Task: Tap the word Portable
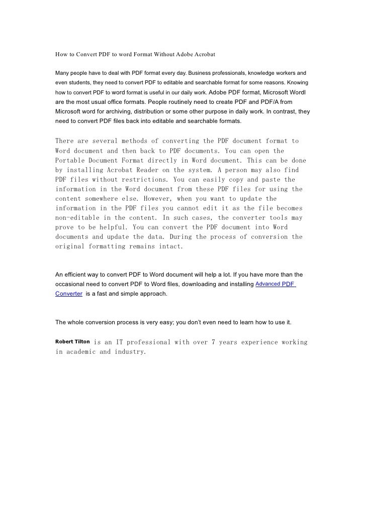click(70, 160)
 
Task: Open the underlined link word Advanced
click(267, 284)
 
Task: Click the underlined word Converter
click(69, 294)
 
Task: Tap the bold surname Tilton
click(82, 342)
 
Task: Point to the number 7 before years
click(214, 342)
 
